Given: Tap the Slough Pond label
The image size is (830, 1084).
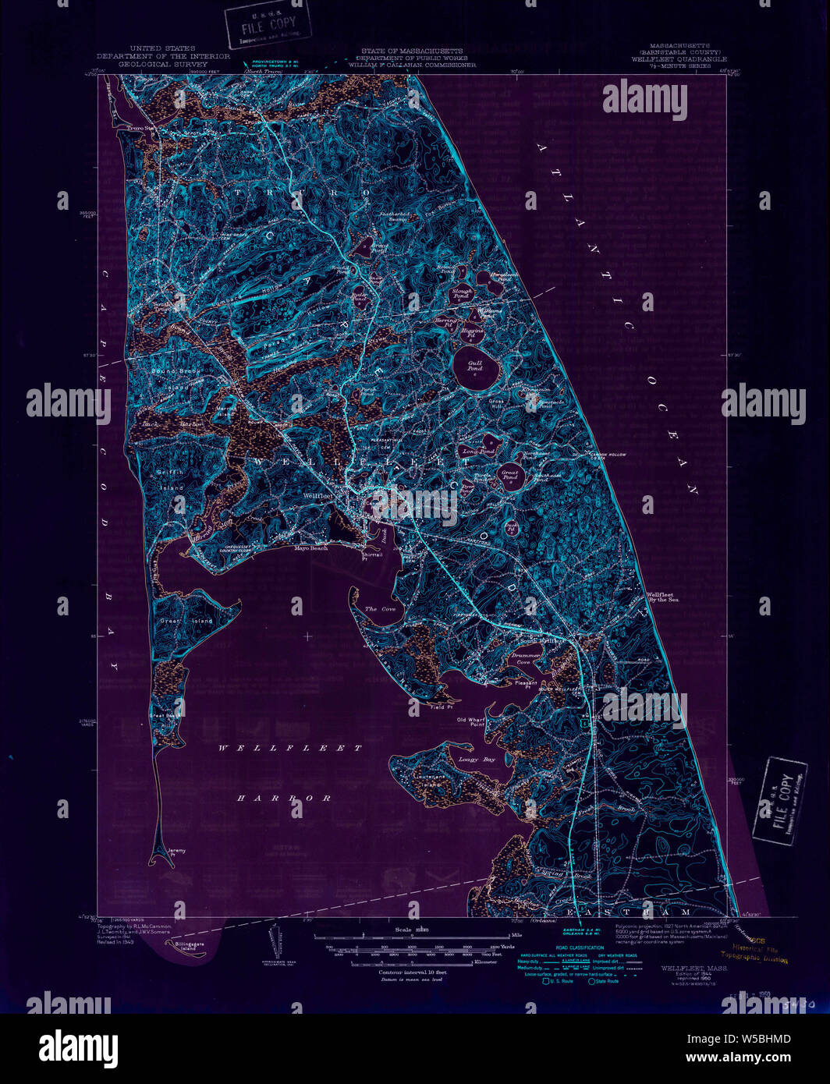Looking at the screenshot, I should (x=462, y=294).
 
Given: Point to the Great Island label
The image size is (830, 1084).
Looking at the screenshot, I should (x=176, y=621).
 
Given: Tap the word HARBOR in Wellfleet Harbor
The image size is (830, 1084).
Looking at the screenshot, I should (x=284, y=798).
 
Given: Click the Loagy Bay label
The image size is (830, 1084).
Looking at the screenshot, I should (x=477, y=759).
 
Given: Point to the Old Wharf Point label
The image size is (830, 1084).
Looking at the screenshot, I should (x=472, y=722).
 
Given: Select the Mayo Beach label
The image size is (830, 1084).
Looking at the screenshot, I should (x=310, y=548).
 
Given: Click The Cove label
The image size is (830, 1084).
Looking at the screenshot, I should (x=380, y=608).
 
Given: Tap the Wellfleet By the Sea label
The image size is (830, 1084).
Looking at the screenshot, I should (x=664, y=597).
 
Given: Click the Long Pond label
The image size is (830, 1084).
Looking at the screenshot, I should (x=478, y=452).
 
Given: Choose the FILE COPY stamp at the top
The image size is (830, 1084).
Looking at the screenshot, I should (x=268, y=24).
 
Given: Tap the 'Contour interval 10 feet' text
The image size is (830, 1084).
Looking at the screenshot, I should (x=412, y=973).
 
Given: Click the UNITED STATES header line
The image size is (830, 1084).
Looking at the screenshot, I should (x=163, y=48).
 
